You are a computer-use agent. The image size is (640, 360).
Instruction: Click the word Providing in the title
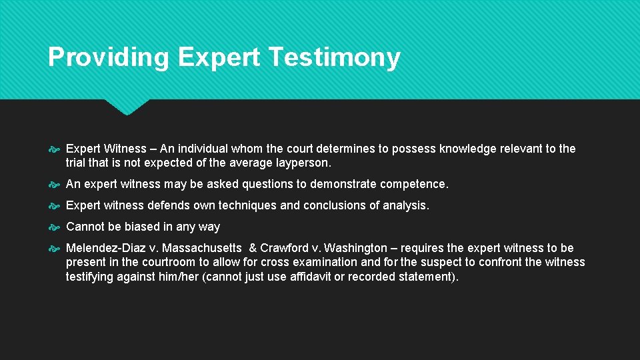(108, 57)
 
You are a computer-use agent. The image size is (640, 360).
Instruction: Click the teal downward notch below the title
(127, 107)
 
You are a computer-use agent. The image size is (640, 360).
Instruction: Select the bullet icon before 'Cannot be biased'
(55, 227)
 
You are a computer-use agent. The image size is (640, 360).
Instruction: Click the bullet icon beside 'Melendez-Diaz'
(55, 249)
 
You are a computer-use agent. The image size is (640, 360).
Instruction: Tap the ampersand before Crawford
(253, 248)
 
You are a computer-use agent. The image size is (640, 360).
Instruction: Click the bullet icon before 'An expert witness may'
(55, 185)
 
